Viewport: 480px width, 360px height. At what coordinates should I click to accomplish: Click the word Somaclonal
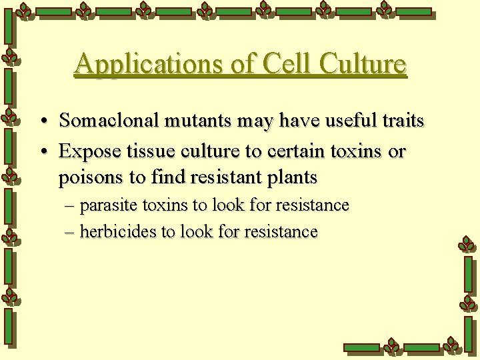107,121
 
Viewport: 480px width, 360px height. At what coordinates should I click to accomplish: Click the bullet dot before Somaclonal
43,121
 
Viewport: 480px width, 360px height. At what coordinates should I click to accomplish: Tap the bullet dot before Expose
43,151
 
